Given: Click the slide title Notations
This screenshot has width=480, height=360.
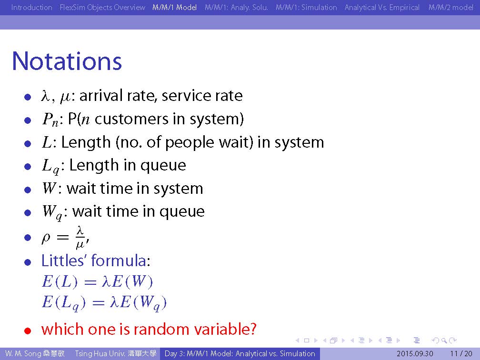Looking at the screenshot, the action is (67, 61).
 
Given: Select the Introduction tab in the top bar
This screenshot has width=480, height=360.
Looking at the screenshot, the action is (31, 7).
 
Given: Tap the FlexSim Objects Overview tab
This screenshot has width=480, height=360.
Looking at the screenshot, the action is (102, 7).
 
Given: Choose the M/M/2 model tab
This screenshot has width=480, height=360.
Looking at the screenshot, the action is (450, 7).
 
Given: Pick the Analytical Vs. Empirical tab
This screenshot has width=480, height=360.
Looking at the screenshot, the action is (382, 7).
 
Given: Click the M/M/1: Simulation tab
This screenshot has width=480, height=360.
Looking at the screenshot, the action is (306, 7).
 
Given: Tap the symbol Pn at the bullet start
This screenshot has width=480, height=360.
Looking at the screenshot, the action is (50, 120).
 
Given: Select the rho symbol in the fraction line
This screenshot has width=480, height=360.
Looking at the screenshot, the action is (46, 238).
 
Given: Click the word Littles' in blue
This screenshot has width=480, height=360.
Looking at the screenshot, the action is (64, 260).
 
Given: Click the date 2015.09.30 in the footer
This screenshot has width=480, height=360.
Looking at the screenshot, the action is (415, 354).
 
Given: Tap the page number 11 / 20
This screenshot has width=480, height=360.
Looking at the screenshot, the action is (461, 354).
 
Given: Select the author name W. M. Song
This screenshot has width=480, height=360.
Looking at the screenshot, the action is (23, 354).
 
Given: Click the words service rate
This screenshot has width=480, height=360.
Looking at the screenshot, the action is (202, 96).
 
